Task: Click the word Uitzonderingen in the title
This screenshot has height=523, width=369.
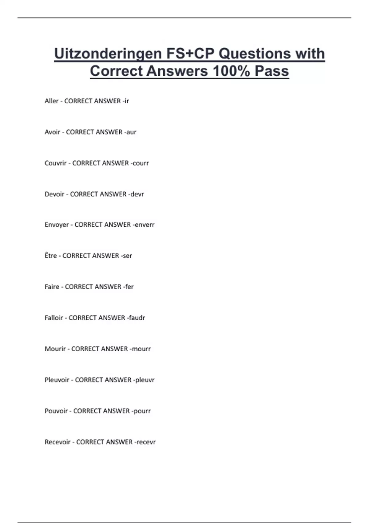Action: click(108, 54)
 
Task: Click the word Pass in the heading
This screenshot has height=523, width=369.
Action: click(272, 71)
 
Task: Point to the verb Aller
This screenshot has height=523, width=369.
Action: click(51, 101)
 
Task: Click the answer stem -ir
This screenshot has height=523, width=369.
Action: click(125, 101)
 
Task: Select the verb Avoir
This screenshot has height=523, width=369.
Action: click(52, 132)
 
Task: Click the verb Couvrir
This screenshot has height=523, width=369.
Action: click(55, 163)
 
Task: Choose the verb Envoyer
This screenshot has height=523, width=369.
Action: click(57, 225)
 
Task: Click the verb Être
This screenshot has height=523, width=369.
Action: click(51, 256)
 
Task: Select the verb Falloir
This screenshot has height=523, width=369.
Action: click(54, 318)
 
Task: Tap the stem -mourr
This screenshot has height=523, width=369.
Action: click(140, 349)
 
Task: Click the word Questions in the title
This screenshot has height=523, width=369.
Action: click(255, 54)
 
